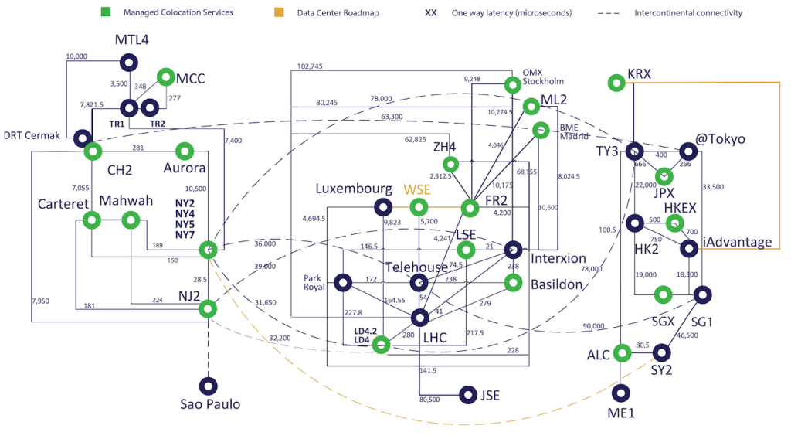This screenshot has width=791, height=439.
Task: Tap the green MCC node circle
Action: click(165, 77)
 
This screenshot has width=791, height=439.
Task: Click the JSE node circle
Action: click(467, 395)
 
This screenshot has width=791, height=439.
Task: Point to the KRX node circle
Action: click(616, 81)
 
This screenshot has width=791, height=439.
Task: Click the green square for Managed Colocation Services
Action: click(107, 13)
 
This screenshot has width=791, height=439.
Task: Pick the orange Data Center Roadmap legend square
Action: click(280, 13)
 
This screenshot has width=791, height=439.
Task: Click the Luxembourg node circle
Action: click(382, 206)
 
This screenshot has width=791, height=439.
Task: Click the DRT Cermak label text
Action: click(32, 136)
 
